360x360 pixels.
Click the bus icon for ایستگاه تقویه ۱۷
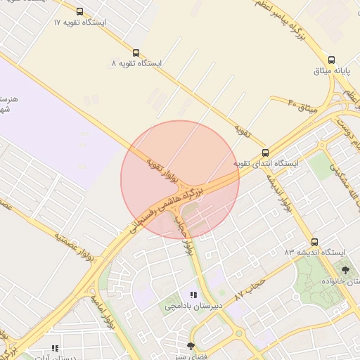[x=79, y=11]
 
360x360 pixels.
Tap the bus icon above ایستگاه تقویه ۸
[x=136, y=52]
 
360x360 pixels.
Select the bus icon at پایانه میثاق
[x=331, y=60]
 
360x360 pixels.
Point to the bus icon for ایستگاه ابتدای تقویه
[x=265, y=153]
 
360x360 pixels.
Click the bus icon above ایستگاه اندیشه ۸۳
[x=314, y=241]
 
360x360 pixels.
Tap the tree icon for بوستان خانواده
[x=345, y=269]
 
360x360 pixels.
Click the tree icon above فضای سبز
[x=191, y=346]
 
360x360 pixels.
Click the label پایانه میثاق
[x=340, y=71]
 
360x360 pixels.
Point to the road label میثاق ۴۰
[x=303, y=108]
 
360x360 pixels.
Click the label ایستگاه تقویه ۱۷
[x=79, y=22]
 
